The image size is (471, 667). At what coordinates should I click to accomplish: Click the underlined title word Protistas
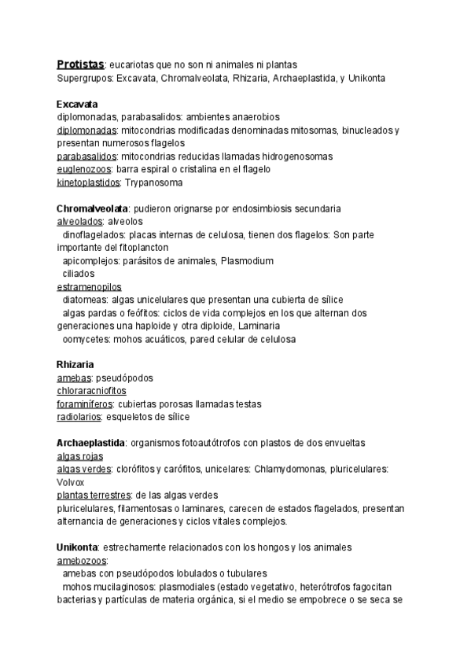pos(80,64)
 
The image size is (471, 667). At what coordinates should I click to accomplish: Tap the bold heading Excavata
pos(77,104)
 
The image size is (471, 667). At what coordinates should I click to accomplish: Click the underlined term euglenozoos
pos(85,169)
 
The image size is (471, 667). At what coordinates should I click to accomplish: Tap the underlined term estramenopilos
pos(89,286)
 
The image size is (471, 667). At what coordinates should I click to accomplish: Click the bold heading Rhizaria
pos(75,365)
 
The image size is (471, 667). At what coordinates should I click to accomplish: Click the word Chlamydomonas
pos(292,470)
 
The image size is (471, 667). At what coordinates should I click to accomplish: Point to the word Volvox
pos(70,482)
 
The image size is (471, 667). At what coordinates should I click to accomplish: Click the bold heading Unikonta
pos(78,547)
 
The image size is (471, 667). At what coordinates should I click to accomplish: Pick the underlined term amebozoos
pos(81,561)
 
